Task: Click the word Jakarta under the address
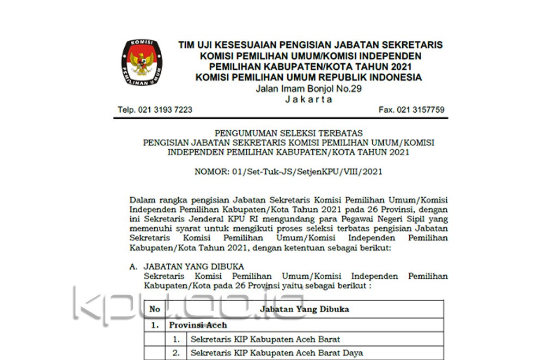tap(308, 99)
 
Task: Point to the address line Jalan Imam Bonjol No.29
tap(308, 89)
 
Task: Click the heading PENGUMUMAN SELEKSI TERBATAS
tap(288, 133)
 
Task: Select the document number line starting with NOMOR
tap(288, 172)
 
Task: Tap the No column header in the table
tap(155, 309)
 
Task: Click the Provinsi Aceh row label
tap(190, 325)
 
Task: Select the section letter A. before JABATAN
tap(133, 267)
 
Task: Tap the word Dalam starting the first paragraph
tap(142, 200)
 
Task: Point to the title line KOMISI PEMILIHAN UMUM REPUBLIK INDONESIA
tap(308, 77)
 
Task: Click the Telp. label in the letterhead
tap(127, 109)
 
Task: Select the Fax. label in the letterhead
tap(386, 109)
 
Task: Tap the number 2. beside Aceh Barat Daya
tap(176, 353)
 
